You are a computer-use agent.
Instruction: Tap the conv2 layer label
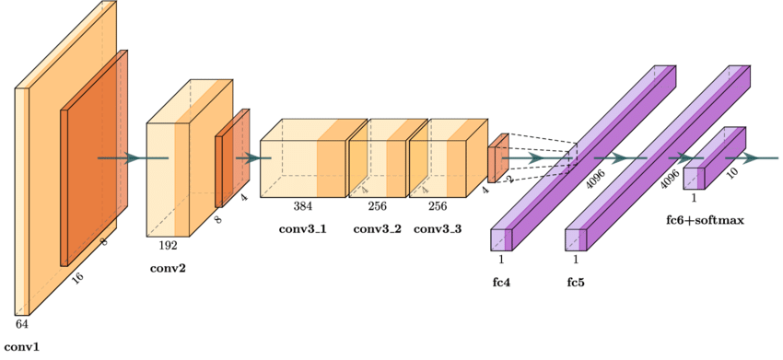(x=168, y=269)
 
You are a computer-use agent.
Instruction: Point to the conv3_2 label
(x=377, y=228)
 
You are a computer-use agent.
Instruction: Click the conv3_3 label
(x=438, y=228)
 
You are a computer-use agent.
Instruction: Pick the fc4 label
(x=501, y=282)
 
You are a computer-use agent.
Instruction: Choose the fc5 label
(x=576, y=282)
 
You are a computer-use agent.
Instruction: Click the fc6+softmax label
(x=704, y=221)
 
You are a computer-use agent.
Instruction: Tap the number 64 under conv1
(x=21, y=324)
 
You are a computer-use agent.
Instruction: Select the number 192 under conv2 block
(x=168, y=246)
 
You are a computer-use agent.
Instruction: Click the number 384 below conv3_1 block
(x=303, y=206)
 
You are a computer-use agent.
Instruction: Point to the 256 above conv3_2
(x=377, y=206)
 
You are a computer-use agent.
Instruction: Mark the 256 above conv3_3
(x=438, y=206)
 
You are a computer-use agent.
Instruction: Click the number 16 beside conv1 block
(x=77, y=277)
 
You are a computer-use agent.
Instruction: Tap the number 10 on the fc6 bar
(x=731, y=172)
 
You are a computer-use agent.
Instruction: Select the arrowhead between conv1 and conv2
(x=134, y=158)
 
